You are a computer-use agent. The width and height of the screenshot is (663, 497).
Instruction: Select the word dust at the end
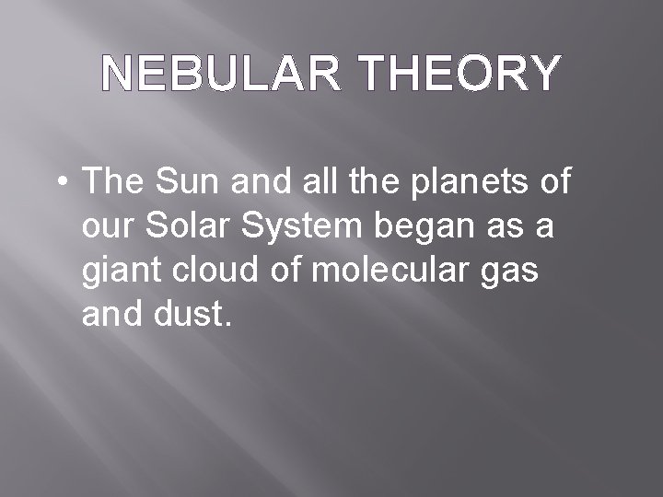coord(188,315)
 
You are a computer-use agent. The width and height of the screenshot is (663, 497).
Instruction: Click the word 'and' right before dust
coord(110,315)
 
